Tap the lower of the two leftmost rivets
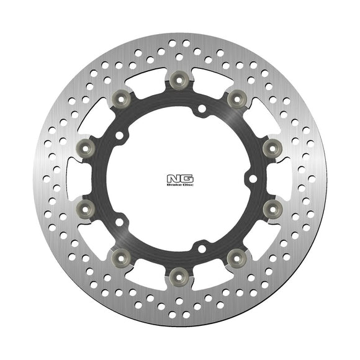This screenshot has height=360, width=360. (x=86, y=205)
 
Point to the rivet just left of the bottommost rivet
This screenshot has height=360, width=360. (x=122, y=254)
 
